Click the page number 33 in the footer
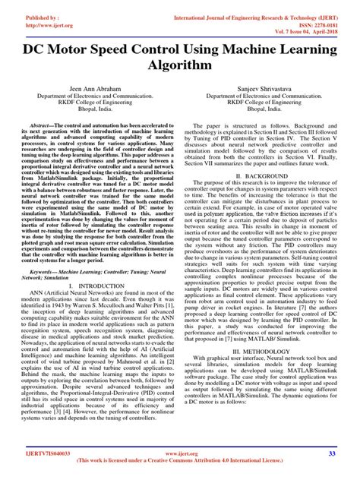pyautogui.click(x=332, y=454)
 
